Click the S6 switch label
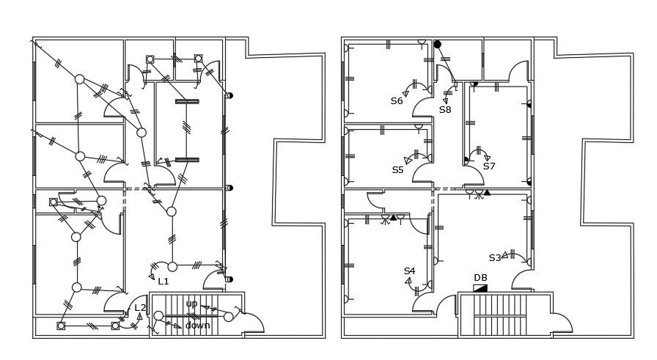(x=397, y=101)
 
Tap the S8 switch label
(x=445, y=110)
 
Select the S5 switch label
(x=397, y=170)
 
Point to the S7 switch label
(x=489, y=166)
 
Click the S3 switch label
(x=495, y=258)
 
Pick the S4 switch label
(x=409, y=271)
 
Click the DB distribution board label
(x=480, y=278)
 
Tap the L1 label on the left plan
(x=163, y=281)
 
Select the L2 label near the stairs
(x=140, y=308)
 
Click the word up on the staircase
(x=191, y=304)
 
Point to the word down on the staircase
(x=197, y=326)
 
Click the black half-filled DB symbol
(x=480, y=288)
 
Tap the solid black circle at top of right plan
(x=438, y=45)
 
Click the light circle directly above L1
(x=172, y=266)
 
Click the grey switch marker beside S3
(x=513, y=254)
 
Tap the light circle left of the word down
(x=159, y=316)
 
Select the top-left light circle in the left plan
(x=79, y=79)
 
